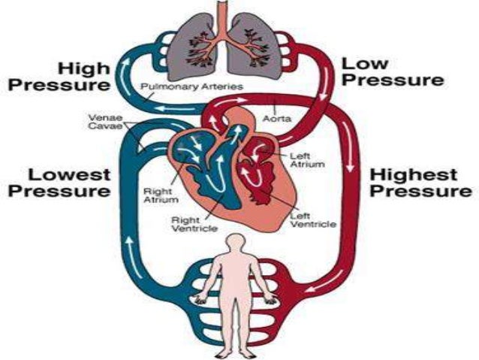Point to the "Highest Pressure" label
(414, 183)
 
